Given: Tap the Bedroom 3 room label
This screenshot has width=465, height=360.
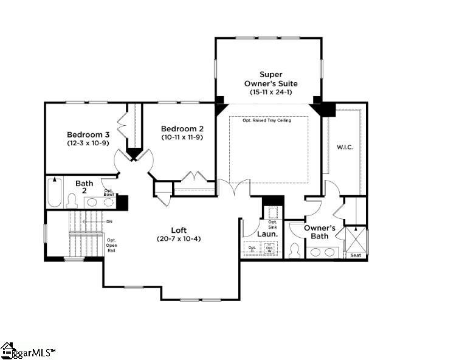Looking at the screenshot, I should coord(88,134).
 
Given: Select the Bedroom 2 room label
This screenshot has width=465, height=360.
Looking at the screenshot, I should coord(182,129).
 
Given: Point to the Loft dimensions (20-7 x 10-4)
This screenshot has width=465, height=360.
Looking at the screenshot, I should coord(179,238).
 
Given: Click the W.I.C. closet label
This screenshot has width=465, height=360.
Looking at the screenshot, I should coord(345,148).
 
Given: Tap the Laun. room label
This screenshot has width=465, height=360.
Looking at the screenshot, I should coord(267,234).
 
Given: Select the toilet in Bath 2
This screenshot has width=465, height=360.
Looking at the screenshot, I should coord(72,201).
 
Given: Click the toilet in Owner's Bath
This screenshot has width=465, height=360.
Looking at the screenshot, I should coord(294,251).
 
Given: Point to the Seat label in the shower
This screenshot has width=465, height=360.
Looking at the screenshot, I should coord(356,255).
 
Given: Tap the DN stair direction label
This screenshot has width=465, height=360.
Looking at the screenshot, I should coord(109,222).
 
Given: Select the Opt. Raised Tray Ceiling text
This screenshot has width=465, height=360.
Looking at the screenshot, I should coord(267,120).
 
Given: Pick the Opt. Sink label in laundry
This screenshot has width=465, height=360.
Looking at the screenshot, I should coord(272,224).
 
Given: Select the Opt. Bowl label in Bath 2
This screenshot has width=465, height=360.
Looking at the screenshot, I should coord(109,193).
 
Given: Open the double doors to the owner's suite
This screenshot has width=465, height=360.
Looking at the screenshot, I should coord(233,187).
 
